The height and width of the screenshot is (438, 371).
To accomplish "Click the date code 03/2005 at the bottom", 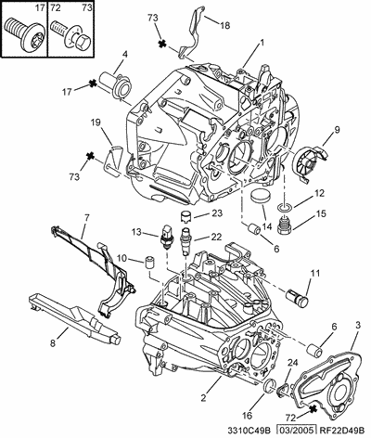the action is pyautogui.click(x=297, y=431).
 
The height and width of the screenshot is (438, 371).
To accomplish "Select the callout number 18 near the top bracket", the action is pyautogui.click(x=225, y=25).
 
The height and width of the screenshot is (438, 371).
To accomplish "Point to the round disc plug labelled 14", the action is pyautogui.click(x=260, y=197).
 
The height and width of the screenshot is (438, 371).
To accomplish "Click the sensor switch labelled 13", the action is pyautogui.click(x=166, y=236).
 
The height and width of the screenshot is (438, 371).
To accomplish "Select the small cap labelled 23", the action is pyautogui.click(x=185, y=215).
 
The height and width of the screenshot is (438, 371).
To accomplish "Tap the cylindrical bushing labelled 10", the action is pyautogui.click(x=149, y=263).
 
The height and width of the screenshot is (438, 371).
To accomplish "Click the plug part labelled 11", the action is pyautogui.click(x=297, y=298).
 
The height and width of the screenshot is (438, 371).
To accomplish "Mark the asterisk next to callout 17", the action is pyautogui.click(x=92, y=83).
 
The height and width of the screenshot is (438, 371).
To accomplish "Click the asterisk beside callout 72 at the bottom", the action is pyautogui.click(x=313, y=409).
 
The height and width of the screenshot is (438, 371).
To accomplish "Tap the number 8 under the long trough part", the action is pyautogui.click(x=53, y=342).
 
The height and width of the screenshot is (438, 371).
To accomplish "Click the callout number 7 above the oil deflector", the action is pyautogui.click(x=87, y=217).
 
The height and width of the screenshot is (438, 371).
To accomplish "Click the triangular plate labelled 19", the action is pyautogui.click(x=114, y=161).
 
